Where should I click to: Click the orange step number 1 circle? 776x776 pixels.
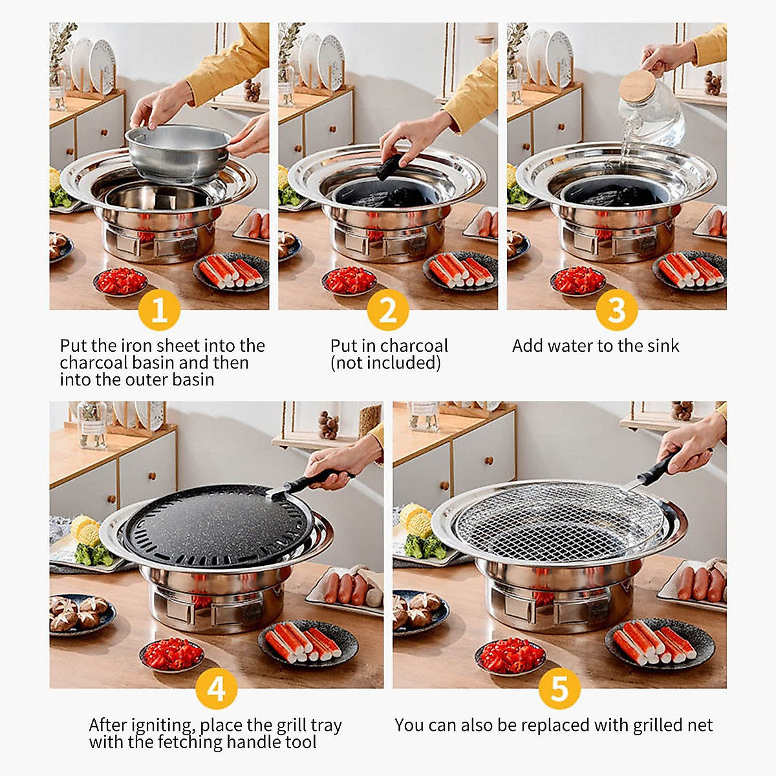(158, 310)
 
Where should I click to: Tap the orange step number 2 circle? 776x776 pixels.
(387, 310)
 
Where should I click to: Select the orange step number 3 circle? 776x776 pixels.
(616, 310)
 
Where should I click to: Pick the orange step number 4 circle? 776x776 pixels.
(216, 689)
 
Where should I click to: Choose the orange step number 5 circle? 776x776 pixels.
(559, 689)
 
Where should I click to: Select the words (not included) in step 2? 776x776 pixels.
(385, 363)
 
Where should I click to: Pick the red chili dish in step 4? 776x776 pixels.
(172, 654)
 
